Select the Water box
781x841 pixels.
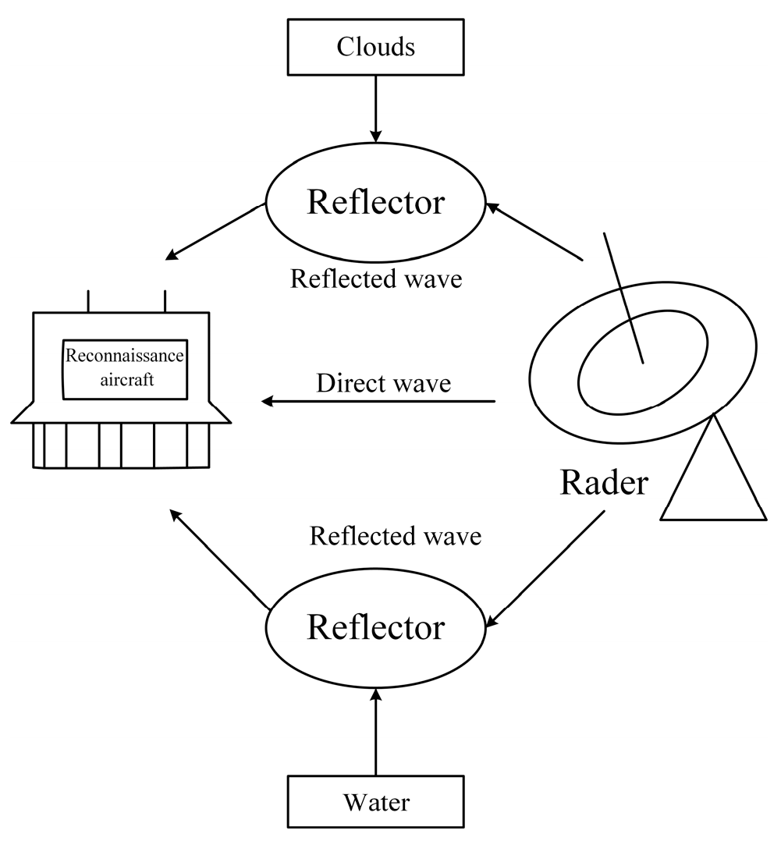pos(375,800)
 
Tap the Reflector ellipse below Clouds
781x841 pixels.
pos(375,203)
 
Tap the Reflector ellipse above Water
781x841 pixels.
pos(375,626)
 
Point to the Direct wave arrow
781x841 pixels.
pos(378,401)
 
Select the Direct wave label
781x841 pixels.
pos(383,383)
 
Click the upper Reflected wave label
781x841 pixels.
pos(376,279)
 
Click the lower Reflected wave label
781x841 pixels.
pos(396,536)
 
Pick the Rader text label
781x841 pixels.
pos(603,483)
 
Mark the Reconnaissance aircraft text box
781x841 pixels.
pos(125,369)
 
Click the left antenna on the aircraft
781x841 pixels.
pos(88,300)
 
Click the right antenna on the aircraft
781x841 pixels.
pos(165,300)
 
